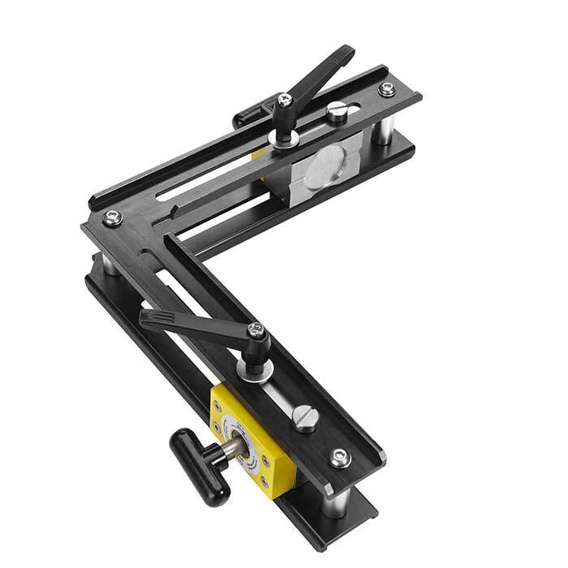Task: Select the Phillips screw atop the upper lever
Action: tap(284, 100)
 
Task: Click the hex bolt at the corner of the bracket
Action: tap(112, 217)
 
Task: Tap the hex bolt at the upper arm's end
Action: tap(386, 89)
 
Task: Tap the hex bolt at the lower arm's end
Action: tap(341, 458)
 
